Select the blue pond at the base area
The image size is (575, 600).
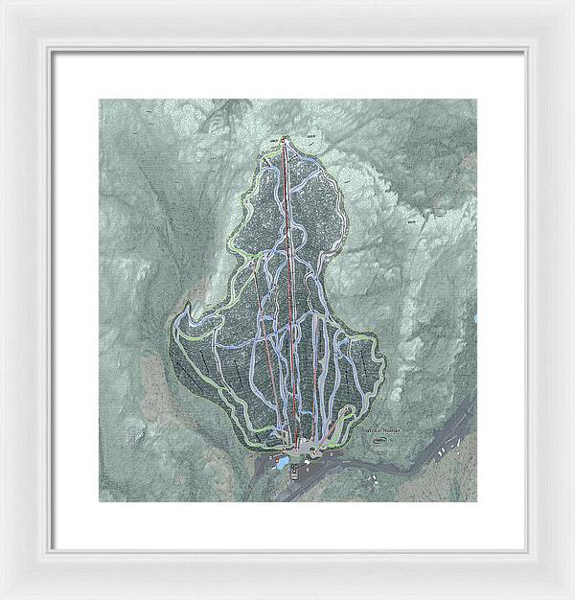click(285, 467)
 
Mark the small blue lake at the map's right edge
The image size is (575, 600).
click(474, 317)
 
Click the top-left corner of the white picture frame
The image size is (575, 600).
click(3, 3)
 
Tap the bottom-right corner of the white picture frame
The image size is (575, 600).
click(572, 596)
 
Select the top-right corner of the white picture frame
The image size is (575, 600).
click(572, 3)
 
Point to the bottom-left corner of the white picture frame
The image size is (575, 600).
click(3, 596)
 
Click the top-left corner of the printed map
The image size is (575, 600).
click(100, 100)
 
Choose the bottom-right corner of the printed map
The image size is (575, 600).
click(476, 501)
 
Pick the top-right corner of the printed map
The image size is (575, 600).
click(476, 100)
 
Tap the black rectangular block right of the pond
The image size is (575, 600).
click(308, 470)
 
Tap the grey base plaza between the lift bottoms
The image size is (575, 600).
click(302, 446)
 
